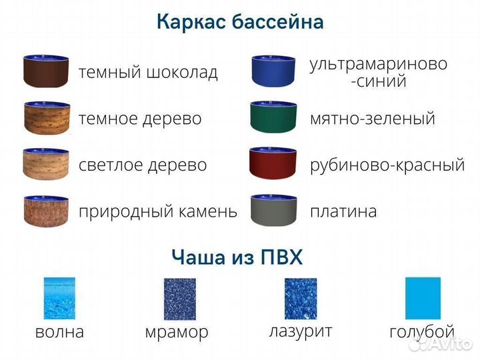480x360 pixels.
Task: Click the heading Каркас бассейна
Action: (240, 22)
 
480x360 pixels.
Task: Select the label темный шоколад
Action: (148, 72)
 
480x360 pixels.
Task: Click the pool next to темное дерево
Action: (46, 119)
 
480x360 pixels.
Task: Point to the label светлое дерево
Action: (143, 165)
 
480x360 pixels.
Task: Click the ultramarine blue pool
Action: (273, 71)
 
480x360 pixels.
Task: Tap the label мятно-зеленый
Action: (372, 119)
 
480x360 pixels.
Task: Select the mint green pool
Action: (273, 117)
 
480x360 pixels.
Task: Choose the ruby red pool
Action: (273, 164)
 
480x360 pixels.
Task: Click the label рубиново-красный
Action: (387, 165)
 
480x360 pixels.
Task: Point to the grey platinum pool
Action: (273, 211)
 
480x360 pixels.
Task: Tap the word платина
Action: (343, 211)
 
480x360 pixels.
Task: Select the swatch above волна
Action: (59, 298)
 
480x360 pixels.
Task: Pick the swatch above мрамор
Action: (179, 298)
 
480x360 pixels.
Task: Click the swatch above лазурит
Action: (300, 298)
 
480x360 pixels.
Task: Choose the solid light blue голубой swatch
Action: (423, 298)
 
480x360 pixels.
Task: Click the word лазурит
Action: (301, 330)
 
